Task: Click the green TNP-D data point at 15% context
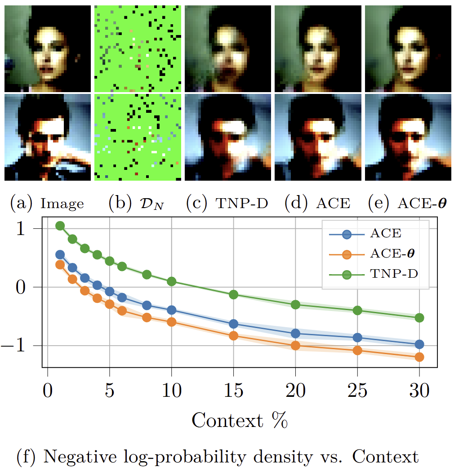233,295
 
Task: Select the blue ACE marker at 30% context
419,344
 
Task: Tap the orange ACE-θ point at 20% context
296,346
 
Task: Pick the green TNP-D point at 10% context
172,281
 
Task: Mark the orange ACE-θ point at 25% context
357,350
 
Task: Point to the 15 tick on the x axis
233,390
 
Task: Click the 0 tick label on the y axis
21,287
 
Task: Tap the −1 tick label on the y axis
13,346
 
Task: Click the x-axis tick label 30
419,390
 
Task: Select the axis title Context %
240,420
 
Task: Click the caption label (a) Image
47,203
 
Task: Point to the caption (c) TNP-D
227,203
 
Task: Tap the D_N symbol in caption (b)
152,204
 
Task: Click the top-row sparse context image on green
138,49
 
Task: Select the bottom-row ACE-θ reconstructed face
408,137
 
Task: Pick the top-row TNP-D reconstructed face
228,49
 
